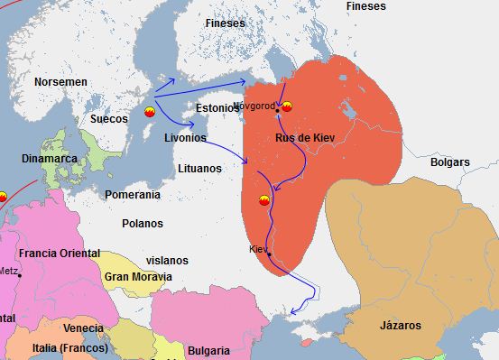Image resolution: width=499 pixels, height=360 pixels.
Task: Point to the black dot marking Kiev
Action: (x=269, y=255)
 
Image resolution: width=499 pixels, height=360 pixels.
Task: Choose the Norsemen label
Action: (x=60, y=82)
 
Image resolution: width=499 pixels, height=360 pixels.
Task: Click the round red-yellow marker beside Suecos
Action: (x=150, y=111)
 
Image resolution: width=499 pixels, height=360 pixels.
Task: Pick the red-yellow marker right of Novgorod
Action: (x=287, y=107)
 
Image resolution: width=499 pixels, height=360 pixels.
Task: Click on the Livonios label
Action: (x=185, y=139)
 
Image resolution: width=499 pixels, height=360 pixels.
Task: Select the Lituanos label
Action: (x=199, y=168)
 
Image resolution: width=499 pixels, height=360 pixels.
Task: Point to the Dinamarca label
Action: (x=48, y=160)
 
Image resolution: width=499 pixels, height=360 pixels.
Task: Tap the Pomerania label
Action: (x=133, y=194)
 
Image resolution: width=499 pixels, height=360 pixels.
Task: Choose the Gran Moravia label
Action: (x=139, y=276)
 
